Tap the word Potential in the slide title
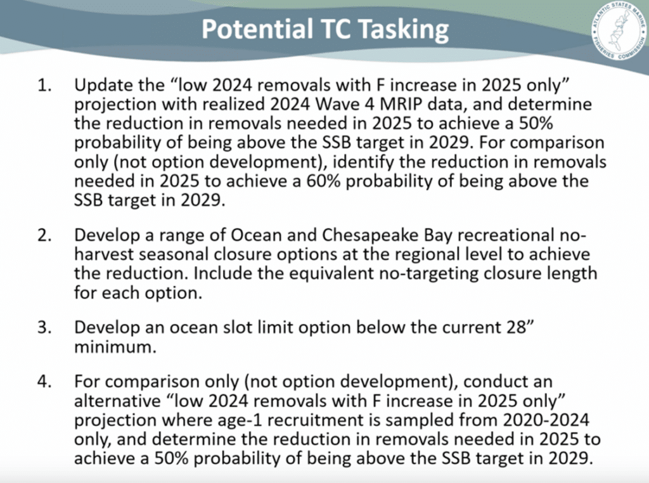257,29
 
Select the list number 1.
45,85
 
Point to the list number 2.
45,235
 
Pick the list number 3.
45,327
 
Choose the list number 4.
45,381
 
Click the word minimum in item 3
115,347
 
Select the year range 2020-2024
546,420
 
